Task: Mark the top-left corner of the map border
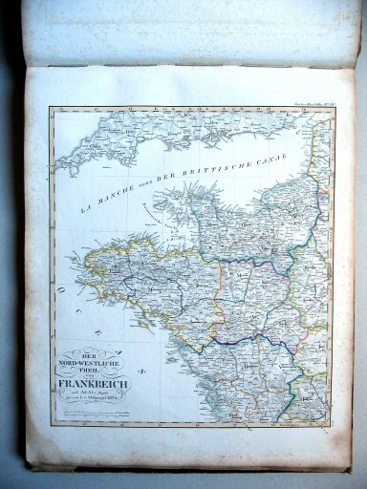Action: pyautogui.click(x=49, y=108)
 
